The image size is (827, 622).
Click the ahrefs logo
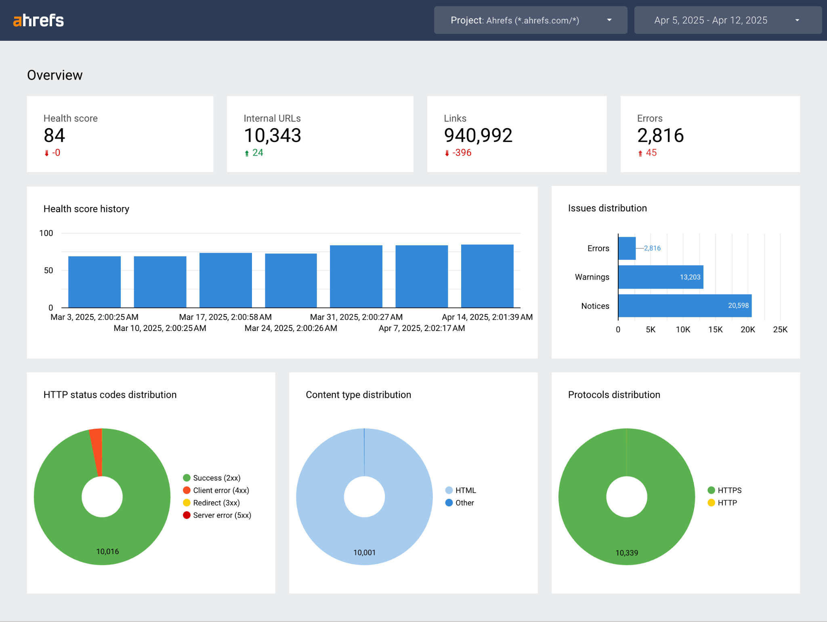click(x=38, y=20)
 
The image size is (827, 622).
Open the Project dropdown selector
click(x=530, y=20)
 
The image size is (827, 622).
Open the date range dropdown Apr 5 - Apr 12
click(x=727, y=20)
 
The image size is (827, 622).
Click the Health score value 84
click(x=54, y=135)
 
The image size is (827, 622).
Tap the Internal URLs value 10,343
click(x=272, y=135)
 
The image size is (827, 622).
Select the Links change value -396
click(x=461, y=153)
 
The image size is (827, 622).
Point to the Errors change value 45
click(x=651, y=153)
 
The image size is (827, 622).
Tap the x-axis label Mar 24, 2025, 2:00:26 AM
click(x=291, y=328)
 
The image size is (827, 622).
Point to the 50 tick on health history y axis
click(x=48, y=270)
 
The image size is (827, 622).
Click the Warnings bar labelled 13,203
click(x=660, y=277)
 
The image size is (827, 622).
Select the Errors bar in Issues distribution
click(x=627, y=248)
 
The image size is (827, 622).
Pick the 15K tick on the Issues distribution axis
click(x=715, y=329)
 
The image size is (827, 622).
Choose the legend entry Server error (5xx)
click(x=222, y=515)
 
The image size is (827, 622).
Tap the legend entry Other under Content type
click(x=464, y=503)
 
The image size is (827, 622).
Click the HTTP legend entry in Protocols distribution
click(x=727, y=503)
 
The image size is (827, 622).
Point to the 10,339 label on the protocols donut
click(x=627, y=552)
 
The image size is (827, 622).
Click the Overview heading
click(x=55, y=75)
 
